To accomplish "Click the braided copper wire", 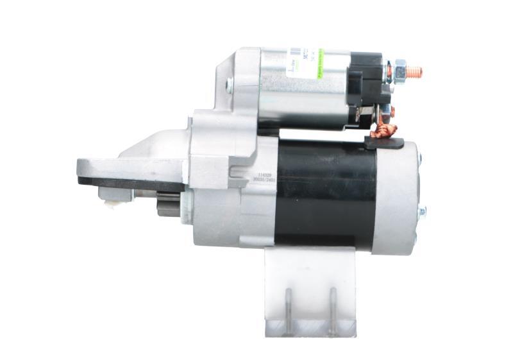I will [x=385, y=132].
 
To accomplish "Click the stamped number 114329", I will [x=265, y=173].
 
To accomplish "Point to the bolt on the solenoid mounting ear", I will [x=229, y=83].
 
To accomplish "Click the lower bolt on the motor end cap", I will [x=421, y=212].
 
